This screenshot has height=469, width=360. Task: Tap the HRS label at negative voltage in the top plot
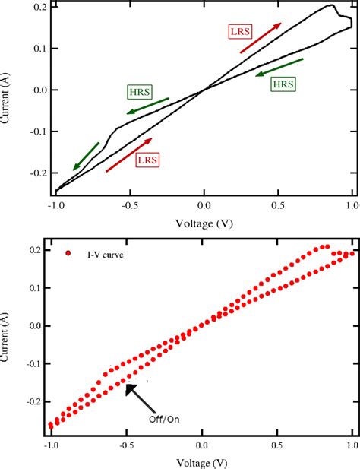pos(140,93)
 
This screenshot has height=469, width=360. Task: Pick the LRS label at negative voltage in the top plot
pos(145,160)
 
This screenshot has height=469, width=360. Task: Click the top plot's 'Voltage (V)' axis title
pos(204,224)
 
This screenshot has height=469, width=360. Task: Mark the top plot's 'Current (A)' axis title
pos(9,97)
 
